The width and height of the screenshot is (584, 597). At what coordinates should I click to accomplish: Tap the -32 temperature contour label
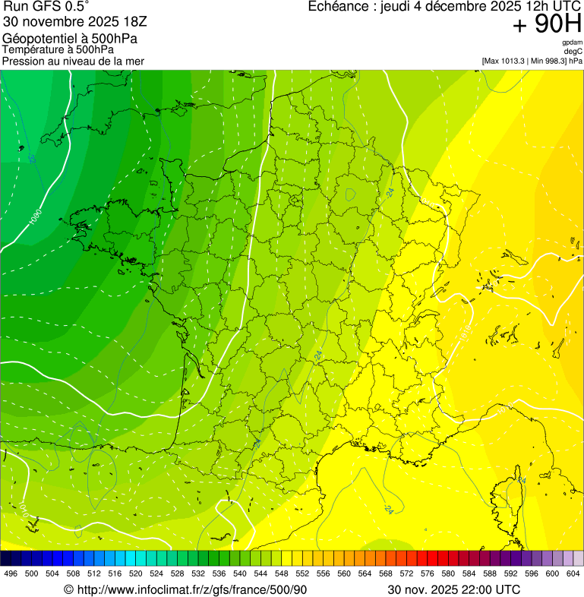33,159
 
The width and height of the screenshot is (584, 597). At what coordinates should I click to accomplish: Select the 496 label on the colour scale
11,573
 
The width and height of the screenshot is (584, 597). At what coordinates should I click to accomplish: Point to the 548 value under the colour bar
281,573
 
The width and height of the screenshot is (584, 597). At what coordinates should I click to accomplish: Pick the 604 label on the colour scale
573,573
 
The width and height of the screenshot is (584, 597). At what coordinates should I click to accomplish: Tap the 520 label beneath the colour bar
135,573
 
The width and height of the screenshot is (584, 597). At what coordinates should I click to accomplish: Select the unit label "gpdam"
572,43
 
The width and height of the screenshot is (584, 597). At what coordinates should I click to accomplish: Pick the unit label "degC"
573,52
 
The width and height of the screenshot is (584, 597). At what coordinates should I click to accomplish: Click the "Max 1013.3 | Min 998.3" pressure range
525,61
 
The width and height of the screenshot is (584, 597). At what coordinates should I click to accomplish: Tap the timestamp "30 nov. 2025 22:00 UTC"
454,589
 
